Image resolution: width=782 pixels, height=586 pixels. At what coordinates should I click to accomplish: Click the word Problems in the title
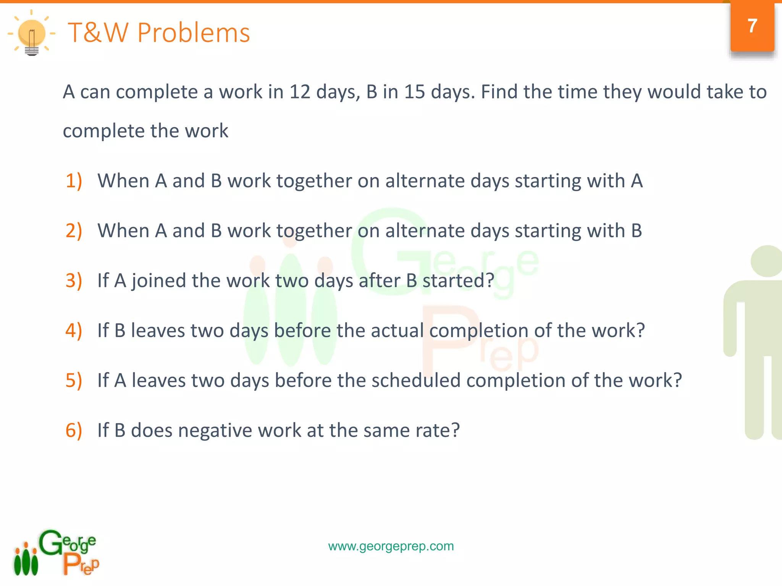tap(194, 33)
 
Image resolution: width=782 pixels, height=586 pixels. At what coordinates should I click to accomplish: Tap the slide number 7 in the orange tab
tap(752, 26)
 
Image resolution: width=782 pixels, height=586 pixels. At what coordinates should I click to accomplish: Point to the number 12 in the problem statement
tap(300, 92)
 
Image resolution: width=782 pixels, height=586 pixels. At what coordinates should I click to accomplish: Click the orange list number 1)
tap(74, 180)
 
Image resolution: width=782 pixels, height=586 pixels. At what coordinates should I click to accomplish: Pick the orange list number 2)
tap(74, 230)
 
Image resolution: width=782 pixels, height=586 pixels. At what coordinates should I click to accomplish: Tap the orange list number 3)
tap(74, 280)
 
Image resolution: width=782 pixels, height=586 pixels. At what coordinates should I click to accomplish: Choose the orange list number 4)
tap(74, 330)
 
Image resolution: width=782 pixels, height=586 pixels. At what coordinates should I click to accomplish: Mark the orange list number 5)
tap(74, 380)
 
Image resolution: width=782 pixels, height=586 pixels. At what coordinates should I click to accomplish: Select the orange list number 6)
tap(74, 430)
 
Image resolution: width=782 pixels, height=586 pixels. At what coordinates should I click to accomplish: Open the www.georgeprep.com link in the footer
tap(391, 546)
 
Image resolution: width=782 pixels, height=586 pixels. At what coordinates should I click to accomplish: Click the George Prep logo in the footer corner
tap(57, 552)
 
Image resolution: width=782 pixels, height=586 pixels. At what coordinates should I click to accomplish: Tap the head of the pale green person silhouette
tap(767, 261)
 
